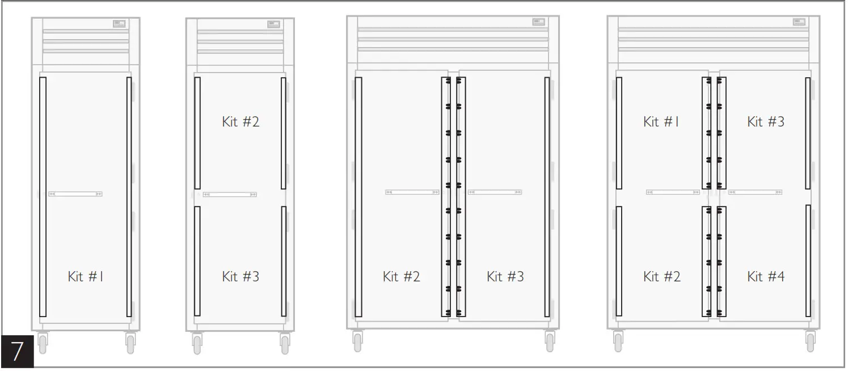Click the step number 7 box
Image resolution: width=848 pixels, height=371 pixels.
point(16,351)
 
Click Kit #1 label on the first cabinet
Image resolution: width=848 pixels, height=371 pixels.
point(85,277)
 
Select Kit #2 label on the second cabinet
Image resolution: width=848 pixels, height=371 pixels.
point(240,121)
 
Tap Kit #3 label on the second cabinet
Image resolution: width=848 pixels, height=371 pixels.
point(240,277)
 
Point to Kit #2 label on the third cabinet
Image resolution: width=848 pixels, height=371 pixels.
point(401,277)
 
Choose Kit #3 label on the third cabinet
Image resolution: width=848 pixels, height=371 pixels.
point(505,277)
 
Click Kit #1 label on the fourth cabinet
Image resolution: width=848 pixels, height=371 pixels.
point(661,121)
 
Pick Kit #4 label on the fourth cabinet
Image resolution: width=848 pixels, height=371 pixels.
point(766,277)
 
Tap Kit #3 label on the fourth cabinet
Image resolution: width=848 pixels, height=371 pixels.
point(766,121)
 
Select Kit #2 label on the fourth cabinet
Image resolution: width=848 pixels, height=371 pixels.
point(661,277)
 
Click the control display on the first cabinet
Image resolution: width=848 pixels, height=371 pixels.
point(119,24)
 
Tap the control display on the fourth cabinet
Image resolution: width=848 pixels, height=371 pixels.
point(799,22)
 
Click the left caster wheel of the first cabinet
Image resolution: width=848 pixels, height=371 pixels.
point(43,343)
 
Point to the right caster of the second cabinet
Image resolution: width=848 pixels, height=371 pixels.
point(285,344)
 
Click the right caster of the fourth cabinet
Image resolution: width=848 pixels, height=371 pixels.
point(810,342)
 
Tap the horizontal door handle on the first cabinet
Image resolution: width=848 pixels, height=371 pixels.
point(75,194)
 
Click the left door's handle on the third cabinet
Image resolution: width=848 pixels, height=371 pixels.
point(412,192)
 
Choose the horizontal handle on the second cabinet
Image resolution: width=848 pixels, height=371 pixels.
point(230,195)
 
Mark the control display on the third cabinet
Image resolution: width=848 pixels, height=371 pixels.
point(538,22)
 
